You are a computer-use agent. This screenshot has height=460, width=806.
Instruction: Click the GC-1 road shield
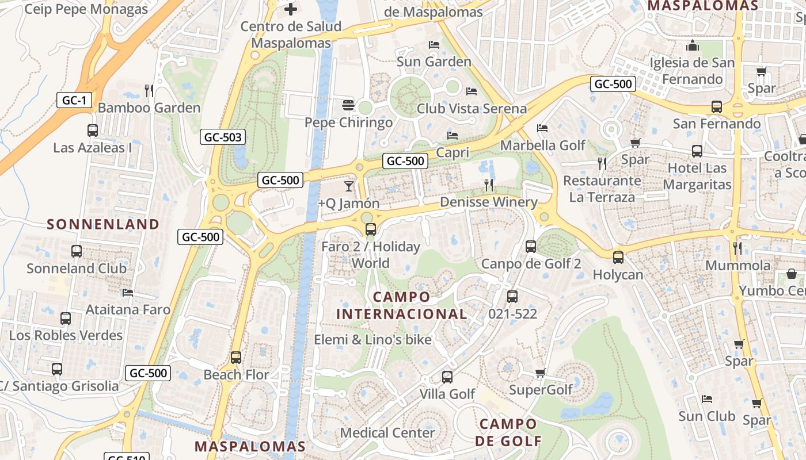(x=74, y=101)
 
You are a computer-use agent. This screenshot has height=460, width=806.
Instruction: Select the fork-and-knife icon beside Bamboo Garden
(x=149, y=90)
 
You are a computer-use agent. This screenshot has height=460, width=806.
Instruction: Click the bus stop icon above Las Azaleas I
(x=93, y=131)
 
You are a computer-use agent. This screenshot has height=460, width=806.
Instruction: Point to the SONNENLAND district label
(x=103, y=224)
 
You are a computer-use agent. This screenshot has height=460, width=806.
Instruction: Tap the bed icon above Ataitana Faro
(x=128, y=293)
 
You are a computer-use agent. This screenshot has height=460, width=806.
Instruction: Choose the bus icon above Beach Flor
(x=235, y=357)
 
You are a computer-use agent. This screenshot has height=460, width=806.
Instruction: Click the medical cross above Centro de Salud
(x=291, y=9)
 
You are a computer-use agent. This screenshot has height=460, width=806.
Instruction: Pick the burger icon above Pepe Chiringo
(x=348, y=105)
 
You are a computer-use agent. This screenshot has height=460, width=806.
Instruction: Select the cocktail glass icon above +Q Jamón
(x=348, y=186)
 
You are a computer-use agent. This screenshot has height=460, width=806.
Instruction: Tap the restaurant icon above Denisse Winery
(x=489, y=185)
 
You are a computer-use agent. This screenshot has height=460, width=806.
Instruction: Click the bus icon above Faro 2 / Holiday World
(x=370, y=229)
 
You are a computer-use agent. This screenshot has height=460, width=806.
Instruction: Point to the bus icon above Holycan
(x=618, y=257)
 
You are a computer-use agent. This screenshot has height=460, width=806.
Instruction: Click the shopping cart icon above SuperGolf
(x=540, y=373)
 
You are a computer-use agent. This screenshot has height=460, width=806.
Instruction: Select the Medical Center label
(x=387, y=432)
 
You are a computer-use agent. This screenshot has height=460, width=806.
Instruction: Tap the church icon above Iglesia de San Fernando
(x=693, y=45)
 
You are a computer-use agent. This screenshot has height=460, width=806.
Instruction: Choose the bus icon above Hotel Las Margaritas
(x=697, y=151)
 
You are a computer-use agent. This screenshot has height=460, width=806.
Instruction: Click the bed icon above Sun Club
(x=707, y=399)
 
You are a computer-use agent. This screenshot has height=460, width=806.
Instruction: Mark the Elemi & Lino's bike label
(x=372, y=340)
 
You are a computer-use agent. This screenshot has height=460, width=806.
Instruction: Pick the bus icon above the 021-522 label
(x=512, y=297)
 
